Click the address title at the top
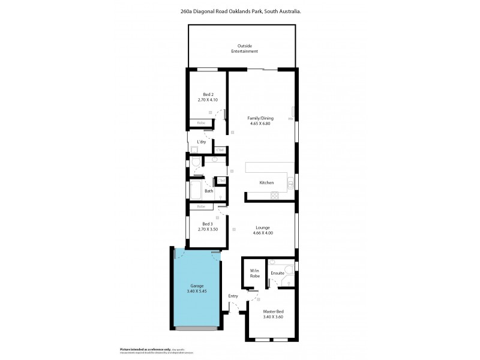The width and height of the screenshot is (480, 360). [240, 11]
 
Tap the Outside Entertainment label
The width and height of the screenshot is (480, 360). [245, 49]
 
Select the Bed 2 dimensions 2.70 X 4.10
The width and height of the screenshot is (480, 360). [208, 100]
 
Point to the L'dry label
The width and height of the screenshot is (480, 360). [202, 142]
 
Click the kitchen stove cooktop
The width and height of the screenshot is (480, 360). [275, 194]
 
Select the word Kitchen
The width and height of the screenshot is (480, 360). [266, 182]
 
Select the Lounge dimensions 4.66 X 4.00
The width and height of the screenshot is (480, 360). [262, 233]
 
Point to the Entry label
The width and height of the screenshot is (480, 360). [233, 296]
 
